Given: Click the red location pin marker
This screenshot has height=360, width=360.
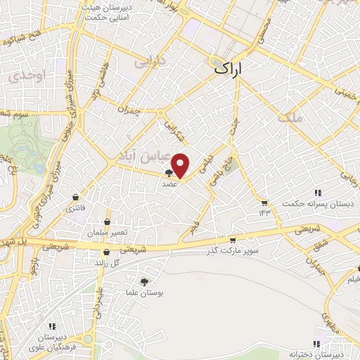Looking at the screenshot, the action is coord(181,165).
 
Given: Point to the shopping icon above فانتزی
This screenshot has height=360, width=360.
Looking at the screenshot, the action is coord(75,198).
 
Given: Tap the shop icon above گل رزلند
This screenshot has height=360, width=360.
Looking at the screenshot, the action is coord(106,252).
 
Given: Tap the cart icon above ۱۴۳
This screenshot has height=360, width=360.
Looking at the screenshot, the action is coord(264,202).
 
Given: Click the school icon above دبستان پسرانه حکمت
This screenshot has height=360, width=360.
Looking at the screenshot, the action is coord(318,192).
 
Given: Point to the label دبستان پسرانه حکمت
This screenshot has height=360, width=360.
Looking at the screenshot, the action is coord(314,203).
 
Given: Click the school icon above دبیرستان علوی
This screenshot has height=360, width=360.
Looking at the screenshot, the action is coord(52,326).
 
